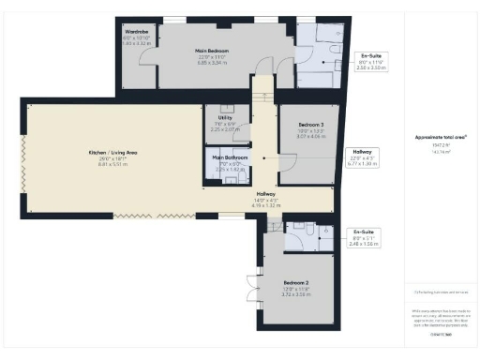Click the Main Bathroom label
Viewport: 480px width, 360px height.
[x=229, y=157]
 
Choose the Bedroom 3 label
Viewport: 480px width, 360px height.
[x=311, y=125]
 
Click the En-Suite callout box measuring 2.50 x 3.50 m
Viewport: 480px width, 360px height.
[x=368, y=61]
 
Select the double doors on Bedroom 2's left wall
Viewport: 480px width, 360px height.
[x=250, y=283]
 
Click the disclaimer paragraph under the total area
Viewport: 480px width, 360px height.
[x=441, y=318]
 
